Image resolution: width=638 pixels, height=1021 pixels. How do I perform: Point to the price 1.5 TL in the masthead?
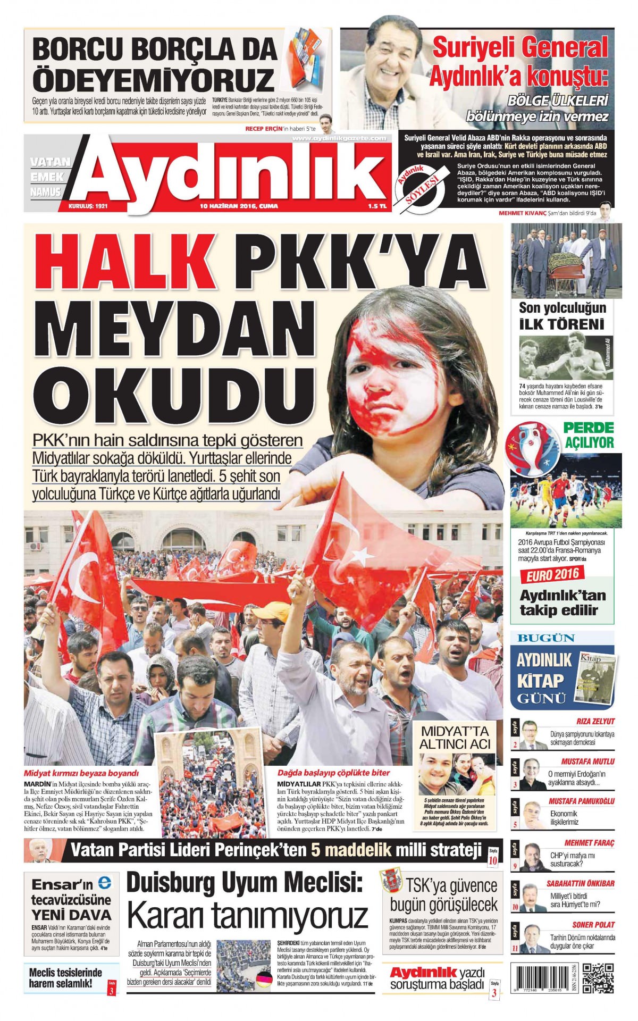coord(376,206)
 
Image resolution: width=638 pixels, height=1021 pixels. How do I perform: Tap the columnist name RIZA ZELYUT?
coord(595,721)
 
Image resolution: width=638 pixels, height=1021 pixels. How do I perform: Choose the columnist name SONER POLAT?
coord(593,924)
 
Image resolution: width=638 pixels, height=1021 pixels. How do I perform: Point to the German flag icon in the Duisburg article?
coord(264,978)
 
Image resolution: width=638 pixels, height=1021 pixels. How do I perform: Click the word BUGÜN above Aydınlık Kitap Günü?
coord(539,638)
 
